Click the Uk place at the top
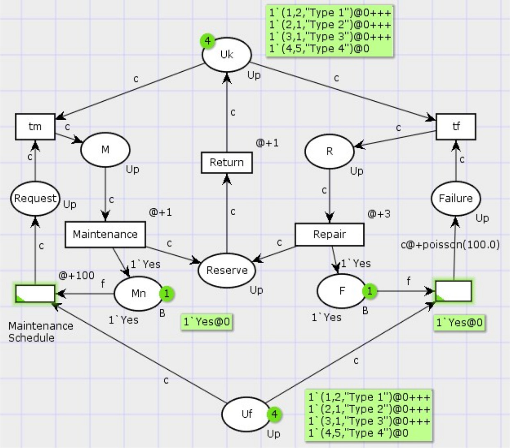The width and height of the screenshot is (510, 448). (227, 55)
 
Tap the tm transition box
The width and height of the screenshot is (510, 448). (35, 127)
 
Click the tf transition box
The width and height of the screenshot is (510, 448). (456, 127)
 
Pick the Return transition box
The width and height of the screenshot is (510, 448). (227, 162)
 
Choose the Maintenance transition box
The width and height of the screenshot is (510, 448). (105, 234)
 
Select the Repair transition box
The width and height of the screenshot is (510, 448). (330, 234)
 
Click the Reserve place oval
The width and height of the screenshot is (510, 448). (227, 271)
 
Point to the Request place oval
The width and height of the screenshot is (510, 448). (35, 199)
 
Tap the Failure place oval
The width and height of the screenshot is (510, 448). (455, 199)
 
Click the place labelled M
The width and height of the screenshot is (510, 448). (105, 150)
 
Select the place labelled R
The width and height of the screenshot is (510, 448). (330, 151)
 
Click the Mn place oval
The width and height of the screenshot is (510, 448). (139, 293)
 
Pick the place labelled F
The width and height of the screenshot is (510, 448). (342, 291)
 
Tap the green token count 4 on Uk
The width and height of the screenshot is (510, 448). (207, 41)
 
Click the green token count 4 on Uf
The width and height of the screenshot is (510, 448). (274, 414)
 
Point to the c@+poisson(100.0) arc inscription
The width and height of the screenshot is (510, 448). (450, 245)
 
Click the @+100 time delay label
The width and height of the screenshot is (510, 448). (76, 275)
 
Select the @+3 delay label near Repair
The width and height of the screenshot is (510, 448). (379, 214)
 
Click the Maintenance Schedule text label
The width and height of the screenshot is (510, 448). (41, 332)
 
